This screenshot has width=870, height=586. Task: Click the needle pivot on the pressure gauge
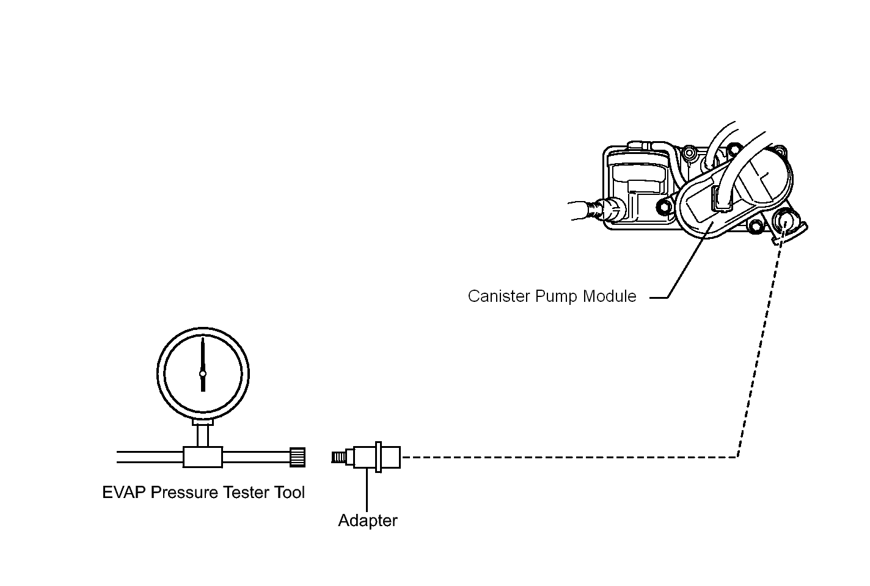pyautogui.click(x=203, y=373)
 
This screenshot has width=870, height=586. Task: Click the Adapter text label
pyautogui.click(x=368, y=521)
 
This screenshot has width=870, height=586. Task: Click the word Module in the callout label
pyautogui.click(x=609, y=296)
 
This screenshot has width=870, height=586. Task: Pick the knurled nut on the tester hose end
pyautogui.click(x=298, y=457)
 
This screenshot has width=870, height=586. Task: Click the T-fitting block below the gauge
pyautogui.click(x=203, y=457)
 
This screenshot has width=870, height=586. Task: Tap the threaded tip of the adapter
pyautogui.click(x=338, y=457)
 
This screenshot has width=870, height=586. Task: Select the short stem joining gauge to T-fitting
pyautogui.click(x=203, y=435)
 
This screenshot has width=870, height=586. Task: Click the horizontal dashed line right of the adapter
pyautogui.click(x=568, y=456)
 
